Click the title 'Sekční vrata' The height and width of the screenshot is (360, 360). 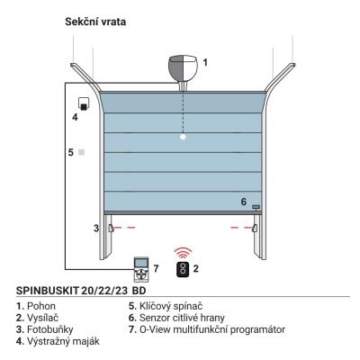pos(95,22)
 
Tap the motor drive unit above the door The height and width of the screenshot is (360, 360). pos(183,71)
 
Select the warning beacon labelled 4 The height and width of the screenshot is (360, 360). pos(83,104)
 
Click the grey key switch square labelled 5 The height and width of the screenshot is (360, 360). pos(81,152)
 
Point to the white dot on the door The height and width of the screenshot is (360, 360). pos(183,137)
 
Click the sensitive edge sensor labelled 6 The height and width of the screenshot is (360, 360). pos(256,207)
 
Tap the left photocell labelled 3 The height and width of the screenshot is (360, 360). pos(111,228)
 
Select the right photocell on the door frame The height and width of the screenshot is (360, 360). pos(256,228)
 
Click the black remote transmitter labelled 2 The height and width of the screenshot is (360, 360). pos(183,269)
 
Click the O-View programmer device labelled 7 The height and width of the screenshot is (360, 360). pos(140,269)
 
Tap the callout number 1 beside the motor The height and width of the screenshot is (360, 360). pos(205,63)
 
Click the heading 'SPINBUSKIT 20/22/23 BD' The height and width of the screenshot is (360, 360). pos(81,291)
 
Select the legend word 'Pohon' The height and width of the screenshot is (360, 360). pos(41,306)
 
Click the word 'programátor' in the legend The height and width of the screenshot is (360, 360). pos(257,329)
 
